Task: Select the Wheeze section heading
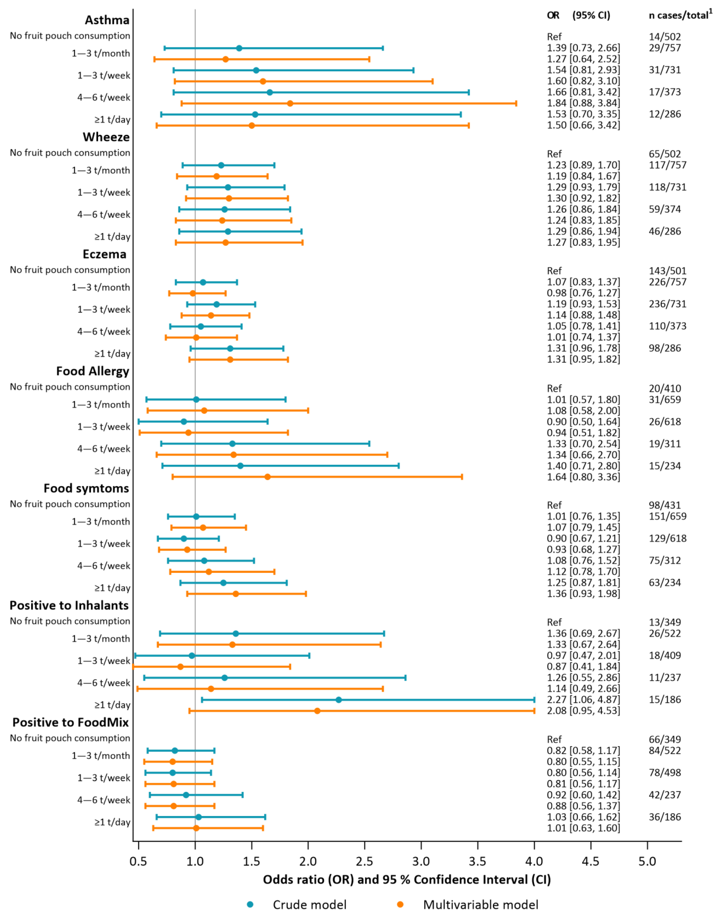(106, 137)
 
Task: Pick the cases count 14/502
(664, 37)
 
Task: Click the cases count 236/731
(667, 304)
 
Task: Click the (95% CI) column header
(591, 16)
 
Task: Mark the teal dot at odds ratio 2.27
(339, 700)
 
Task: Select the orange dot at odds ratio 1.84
(290, 103)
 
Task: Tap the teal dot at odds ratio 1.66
(270, 92)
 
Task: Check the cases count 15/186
(664, 700)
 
